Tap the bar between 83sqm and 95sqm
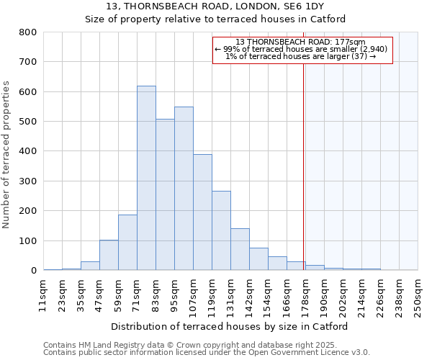165,194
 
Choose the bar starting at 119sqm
221,230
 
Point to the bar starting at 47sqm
109,255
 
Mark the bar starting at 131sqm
240,249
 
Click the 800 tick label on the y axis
28,32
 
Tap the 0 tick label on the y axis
33,271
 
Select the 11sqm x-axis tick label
43,295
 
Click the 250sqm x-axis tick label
417,295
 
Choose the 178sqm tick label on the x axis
305,295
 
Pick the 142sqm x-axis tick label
248,295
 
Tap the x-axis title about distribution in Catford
230,326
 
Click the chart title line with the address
215,6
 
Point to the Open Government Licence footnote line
207,353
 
